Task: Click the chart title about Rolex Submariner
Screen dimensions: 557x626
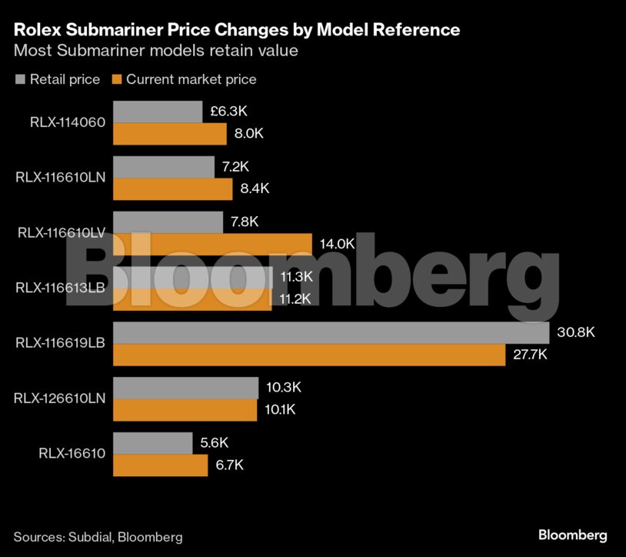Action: coord(237,29)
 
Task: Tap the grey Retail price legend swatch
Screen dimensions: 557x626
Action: coord(20,79)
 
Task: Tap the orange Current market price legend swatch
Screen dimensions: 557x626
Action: coord(117,79)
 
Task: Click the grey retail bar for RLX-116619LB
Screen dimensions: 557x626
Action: coord(331,332)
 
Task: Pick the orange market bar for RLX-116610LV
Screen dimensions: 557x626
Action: coord(212,244)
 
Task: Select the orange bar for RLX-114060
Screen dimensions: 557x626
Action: coord(170,134)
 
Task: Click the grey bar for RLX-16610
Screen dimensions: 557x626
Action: coord(152,443)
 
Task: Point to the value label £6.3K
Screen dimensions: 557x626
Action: coord(228,112)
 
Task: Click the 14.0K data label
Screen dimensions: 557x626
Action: coord(337,244)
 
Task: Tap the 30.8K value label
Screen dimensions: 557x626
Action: coord(575,332)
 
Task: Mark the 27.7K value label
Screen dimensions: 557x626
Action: coord(531,355)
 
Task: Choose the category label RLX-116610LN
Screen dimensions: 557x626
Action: coord(60,177)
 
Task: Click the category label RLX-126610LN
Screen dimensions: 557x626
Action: coord(60,398)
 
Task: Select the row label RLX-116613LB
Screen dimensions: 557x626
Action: coord(60,287)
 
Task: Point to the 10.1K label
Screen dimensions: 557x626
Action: coord(280,410)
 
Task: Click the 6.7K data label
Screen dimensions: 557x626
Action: coord(229,465)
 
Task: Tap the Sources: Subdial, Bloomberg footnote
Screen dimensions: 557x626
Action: coord(98,536)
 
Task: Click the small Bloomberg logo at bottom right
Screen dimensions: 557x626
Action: coord(572,535)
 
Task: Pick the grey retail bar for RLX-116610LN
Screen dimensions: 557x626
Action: coord(164,167)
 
